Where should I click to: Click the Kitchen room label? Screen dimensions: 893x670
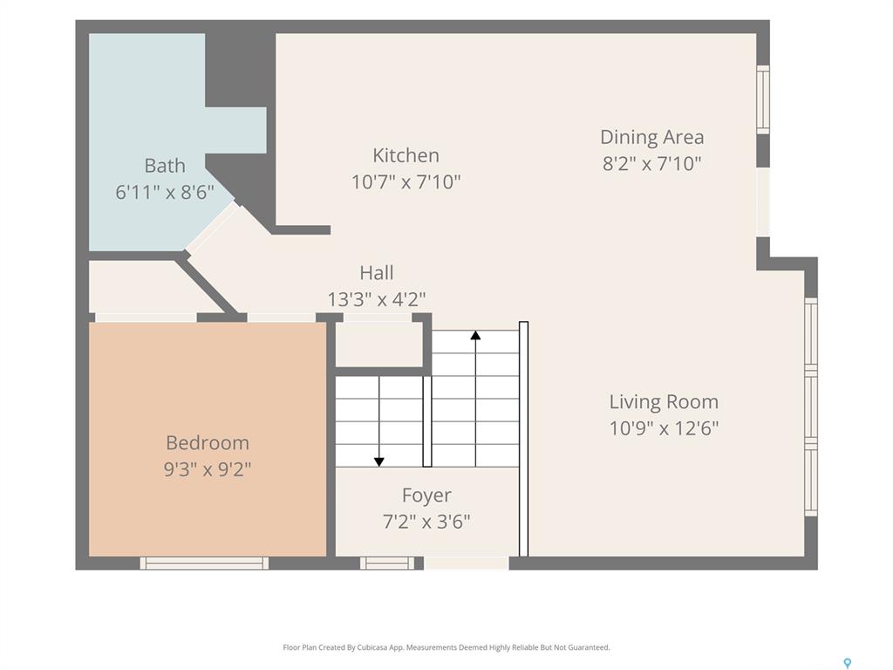pos(406,155)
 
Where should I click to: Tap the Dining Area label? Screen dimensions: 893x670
pos(652,137)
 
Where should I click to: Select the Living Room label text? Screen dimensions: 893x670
pos(664,401)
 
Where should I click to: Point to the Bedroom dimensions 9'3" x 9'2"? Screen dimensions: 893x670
pos(208,468)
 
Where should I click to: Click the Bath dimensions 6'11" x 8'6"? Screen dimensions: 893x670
pos(165,192)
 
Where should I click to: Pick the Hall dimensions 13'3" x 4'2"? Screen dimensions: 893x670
pos(377,298)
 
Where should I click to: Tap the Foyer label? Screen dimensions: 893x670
pos(426,496)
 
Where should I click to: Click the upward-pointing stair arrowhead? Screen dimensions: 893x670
pos(475,335)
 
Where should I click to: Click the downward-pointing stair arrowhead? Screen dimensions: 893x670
pos(378,462)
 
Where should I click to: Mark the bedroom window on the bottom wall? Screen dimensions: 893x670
pos(204,563)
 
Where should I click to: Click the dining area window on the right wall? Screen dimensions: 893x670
pos(763,99)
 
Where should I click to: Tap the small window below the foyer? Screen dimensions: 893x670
pos(387,563)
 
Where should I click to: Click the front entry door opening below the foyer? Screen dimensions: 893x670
pos(467,563)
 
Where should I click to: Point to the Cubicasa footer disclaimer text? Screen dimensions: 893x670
pos(446,647)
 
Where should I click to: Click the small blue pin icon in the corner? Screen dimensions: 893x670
pos(848,663)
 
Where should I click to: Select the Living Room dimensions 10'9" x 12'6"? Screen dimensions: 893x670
pos(664,427)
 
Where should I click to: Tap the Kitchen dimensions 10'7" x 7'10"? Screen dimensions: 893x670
pos(406,181)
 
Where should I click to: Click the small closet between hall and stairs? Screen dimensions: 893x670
pos(379,345)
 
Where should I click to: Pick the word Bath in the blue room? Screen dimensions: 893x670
pos(165,165)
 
